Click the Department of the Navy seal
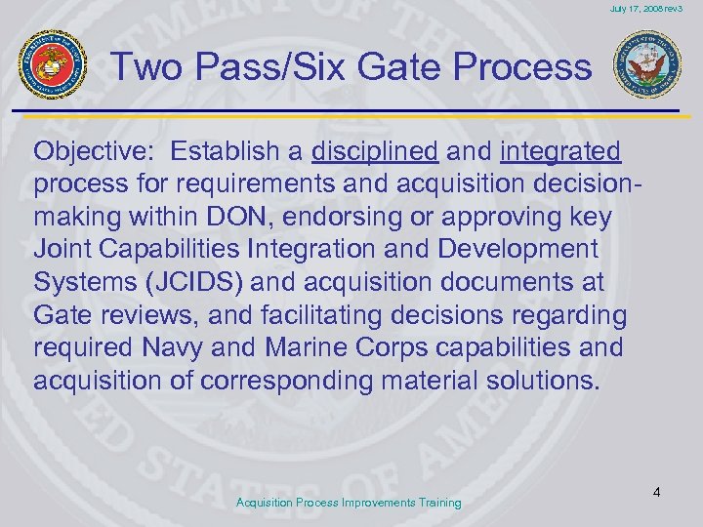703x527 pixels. point(647,65)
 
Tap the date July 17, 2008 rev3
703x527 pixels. point(646,9)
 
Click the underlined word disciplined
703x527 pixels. point(374,151)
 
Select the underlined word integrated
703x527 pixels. point(559,151)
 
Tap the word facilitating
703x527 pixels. point(330,314)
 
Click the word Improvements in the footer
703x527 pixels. point(372,503)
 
